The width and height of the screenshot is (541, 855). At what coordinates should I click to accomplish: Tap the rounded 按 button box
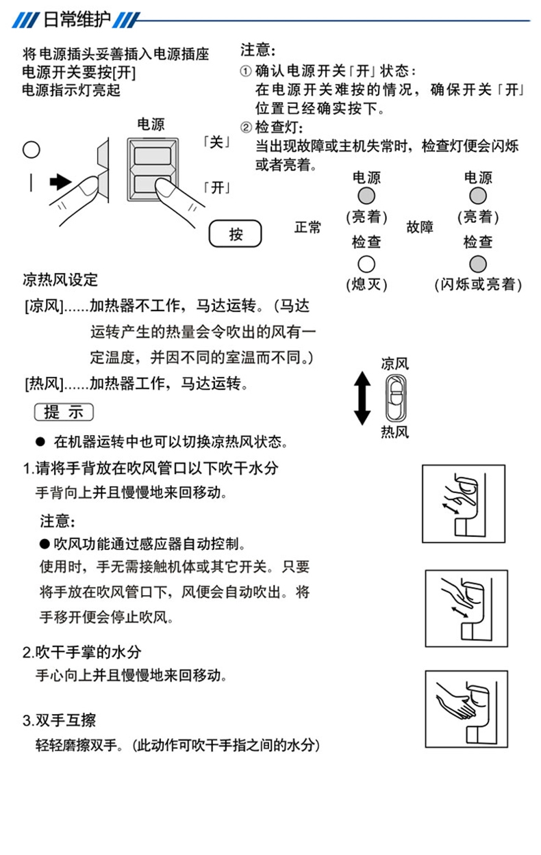pyautogui.click(x=236, y=235)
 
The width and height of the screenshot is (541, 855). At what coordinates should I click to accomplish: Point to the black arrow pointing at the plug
pyautogui.click(x=60, y=182)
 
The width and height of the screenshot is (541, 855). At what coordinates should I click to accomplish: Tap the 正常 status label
pyautogui.click(x=307, y=227)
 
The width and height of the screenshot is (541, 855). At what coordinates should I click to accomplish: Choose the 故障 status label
pyautogui.click(x=420, y=227)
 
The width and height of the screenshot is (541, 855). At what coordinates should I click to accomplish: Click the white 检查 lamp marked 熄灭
pyautogui.click(x=366, y=263)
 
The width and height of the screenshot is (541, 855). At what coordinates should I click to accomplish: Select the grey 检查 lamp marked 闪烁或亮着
pyautogui.click(x=477, y=263)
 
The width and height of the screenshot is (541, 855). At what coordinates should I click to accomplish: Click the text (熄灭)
pyautogui.click(x=366, y=284)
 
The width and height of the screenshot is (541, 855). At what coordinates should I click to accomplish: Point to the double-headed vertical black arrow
pyautogui.click(x=362, y=397)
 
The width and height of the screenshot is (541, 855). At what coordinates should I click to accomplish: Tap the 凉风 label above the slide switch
pyautogui.click(x=395, y=364)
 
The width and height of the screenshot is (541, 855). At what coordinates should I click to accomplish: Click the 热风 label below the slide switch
pyautogui.click(x=395, y=432)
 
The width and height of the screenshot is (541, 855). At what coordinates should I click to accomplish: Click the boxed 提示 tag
pyautogui.click(x=64, y=412)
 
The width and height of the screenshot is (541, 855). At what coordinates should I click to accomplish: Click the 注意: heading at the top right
pyautogui.click(x=258, y=50)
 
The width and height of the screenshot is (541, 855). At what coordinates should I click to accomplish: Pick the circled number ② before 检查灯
pyautogui.click(x=246, y=129)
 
